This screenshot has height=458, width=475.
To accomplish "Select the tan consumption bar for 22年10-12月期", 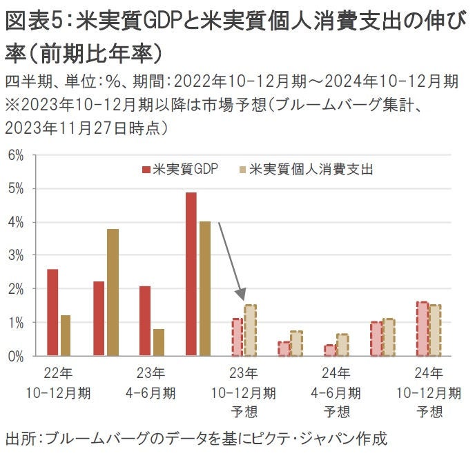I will click(66, 335).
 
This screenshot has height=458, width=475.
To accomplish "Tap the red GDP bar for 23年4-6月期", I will click(144, 321).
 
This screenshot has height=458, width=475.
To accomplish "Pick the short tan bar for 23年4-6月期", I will click(158, 342).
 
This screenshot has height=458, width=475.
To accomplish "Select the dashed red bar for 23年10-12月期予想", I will click(237, 337).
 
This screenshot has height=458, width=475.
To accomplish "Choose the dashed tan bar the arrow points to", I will click(250, 330).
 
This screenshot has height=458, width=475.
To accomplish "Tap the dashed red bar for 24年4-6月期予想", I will click(330, 350).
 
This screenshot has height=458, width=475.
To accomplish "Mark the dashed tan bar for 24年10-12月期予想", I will click(435, 330).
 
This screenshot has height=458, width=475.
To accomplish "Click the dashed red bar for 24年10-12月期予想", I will click(422, 329).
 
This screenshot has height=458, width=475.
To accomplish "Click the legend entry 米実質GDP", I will click(180, 169).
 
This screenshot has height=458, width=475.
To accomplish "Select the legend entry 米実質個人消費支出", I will click(304, 169).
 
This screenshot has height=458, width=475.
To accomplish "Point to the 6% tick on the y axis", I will click(15, 155).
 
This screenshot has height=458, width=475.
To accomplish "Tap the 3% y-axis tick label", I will click(15, 256).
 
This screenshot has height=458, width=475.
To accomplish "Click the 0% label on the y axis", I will click(15, 357).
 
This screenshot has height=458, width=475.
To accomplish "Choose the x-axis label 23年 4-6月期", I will click(151, 384).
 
